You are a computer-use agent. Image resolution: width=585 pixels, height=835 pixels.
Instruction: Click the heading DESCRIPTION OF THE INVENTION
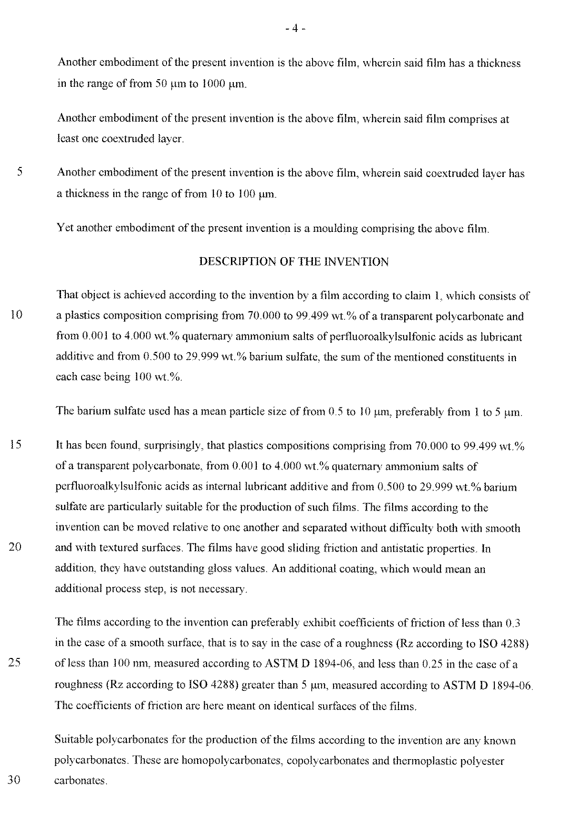click(x=293, y=261)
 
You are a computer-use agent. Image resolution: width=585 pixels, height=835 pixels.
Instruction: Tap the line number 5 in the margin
click(x=20, y=172)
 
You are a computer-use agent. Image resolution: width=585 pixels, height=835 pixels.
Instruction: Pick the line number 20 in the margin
click(x=16, y=547)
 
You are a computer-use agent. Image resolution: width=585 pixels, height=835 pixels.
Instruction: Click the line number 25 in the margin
click(x=16, y=663)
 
